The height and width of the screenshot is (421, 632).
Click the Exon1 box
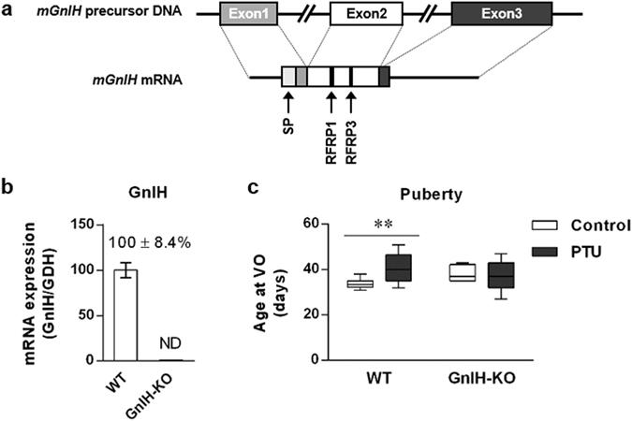pos(249,16)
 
